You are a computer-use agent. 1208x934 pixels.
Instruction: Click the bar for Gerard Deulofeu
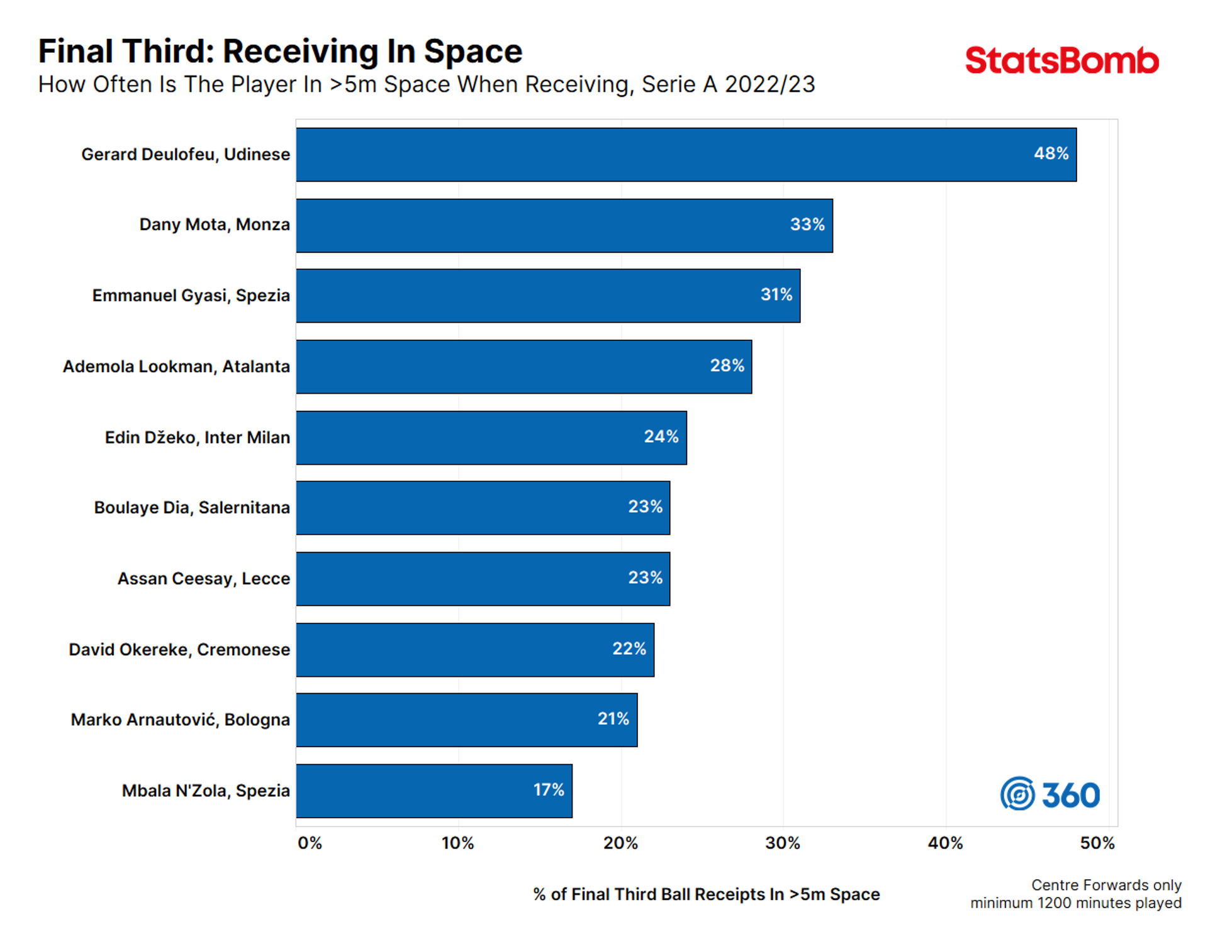(x=686, y=155)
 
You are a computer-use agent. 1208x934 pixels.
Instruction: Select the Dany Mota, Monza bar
(x=564, y=226)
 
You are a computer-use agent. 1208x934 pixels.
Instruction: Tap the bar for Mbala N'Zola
(x=434, y=791)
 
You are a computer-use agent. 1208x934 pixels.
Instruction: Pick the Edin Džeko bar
(x=491, y=438)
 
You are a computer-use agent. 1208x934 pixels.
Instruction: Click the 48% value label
(x=1051, y=153)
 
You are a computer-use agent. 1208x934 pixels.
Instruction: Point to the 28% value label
(x=727, y=365)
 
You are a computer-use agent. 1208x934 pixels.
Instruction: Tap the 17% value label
(x=549, y=790)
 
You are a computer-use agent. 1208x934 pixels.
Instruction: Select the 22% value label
(x=629, y=648)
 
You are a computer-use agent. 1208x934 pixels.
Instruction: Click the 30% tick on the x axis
(x=783, y=843)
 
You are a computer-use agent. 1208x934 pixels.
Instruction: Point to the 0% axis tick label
(x=310, y=843)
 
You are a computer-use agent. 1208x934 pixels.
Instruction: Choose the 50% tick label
(x=1097, y=843)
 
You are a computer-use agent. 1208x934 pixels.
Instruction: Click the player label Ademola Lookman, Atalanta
(x=176, y=367)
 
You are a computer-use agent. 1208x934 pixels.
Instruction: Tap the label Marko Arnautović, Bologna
(x=180, y=720)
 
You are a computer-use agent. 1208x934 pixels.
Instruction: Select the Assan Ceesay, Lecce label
(x=203, y=579)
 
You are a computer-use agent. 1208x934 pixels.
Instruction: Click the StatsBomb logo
(x=1061, y=61)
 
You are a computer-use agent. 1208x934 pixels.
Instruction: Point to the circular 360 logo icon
(x=1017, y=794)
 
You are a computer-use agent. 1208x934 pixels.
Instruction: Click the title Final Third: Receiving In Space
(x=280, y=52)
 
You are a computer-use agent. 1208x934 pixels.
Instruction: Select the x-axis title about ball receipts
(x=706, y=894)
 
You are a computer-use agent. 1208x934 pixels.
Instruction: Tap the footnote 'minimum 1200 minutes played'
(x=1075, y=903)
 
